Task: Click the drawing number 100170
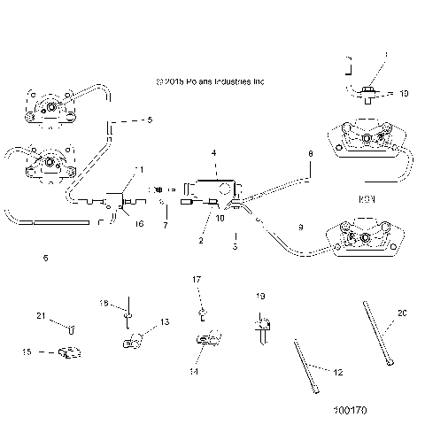[351, 410]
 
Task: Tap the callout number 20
[403, 313]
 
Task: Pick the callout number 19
[261, 296]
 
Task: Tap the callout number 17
[198, 280]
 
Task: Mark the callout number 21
[40, 317]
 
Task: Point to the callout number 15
[26, 352]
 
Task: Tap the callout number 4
[213, 153]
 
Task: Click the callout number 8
[310, 154]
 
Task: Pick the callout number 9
[301, 228]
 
